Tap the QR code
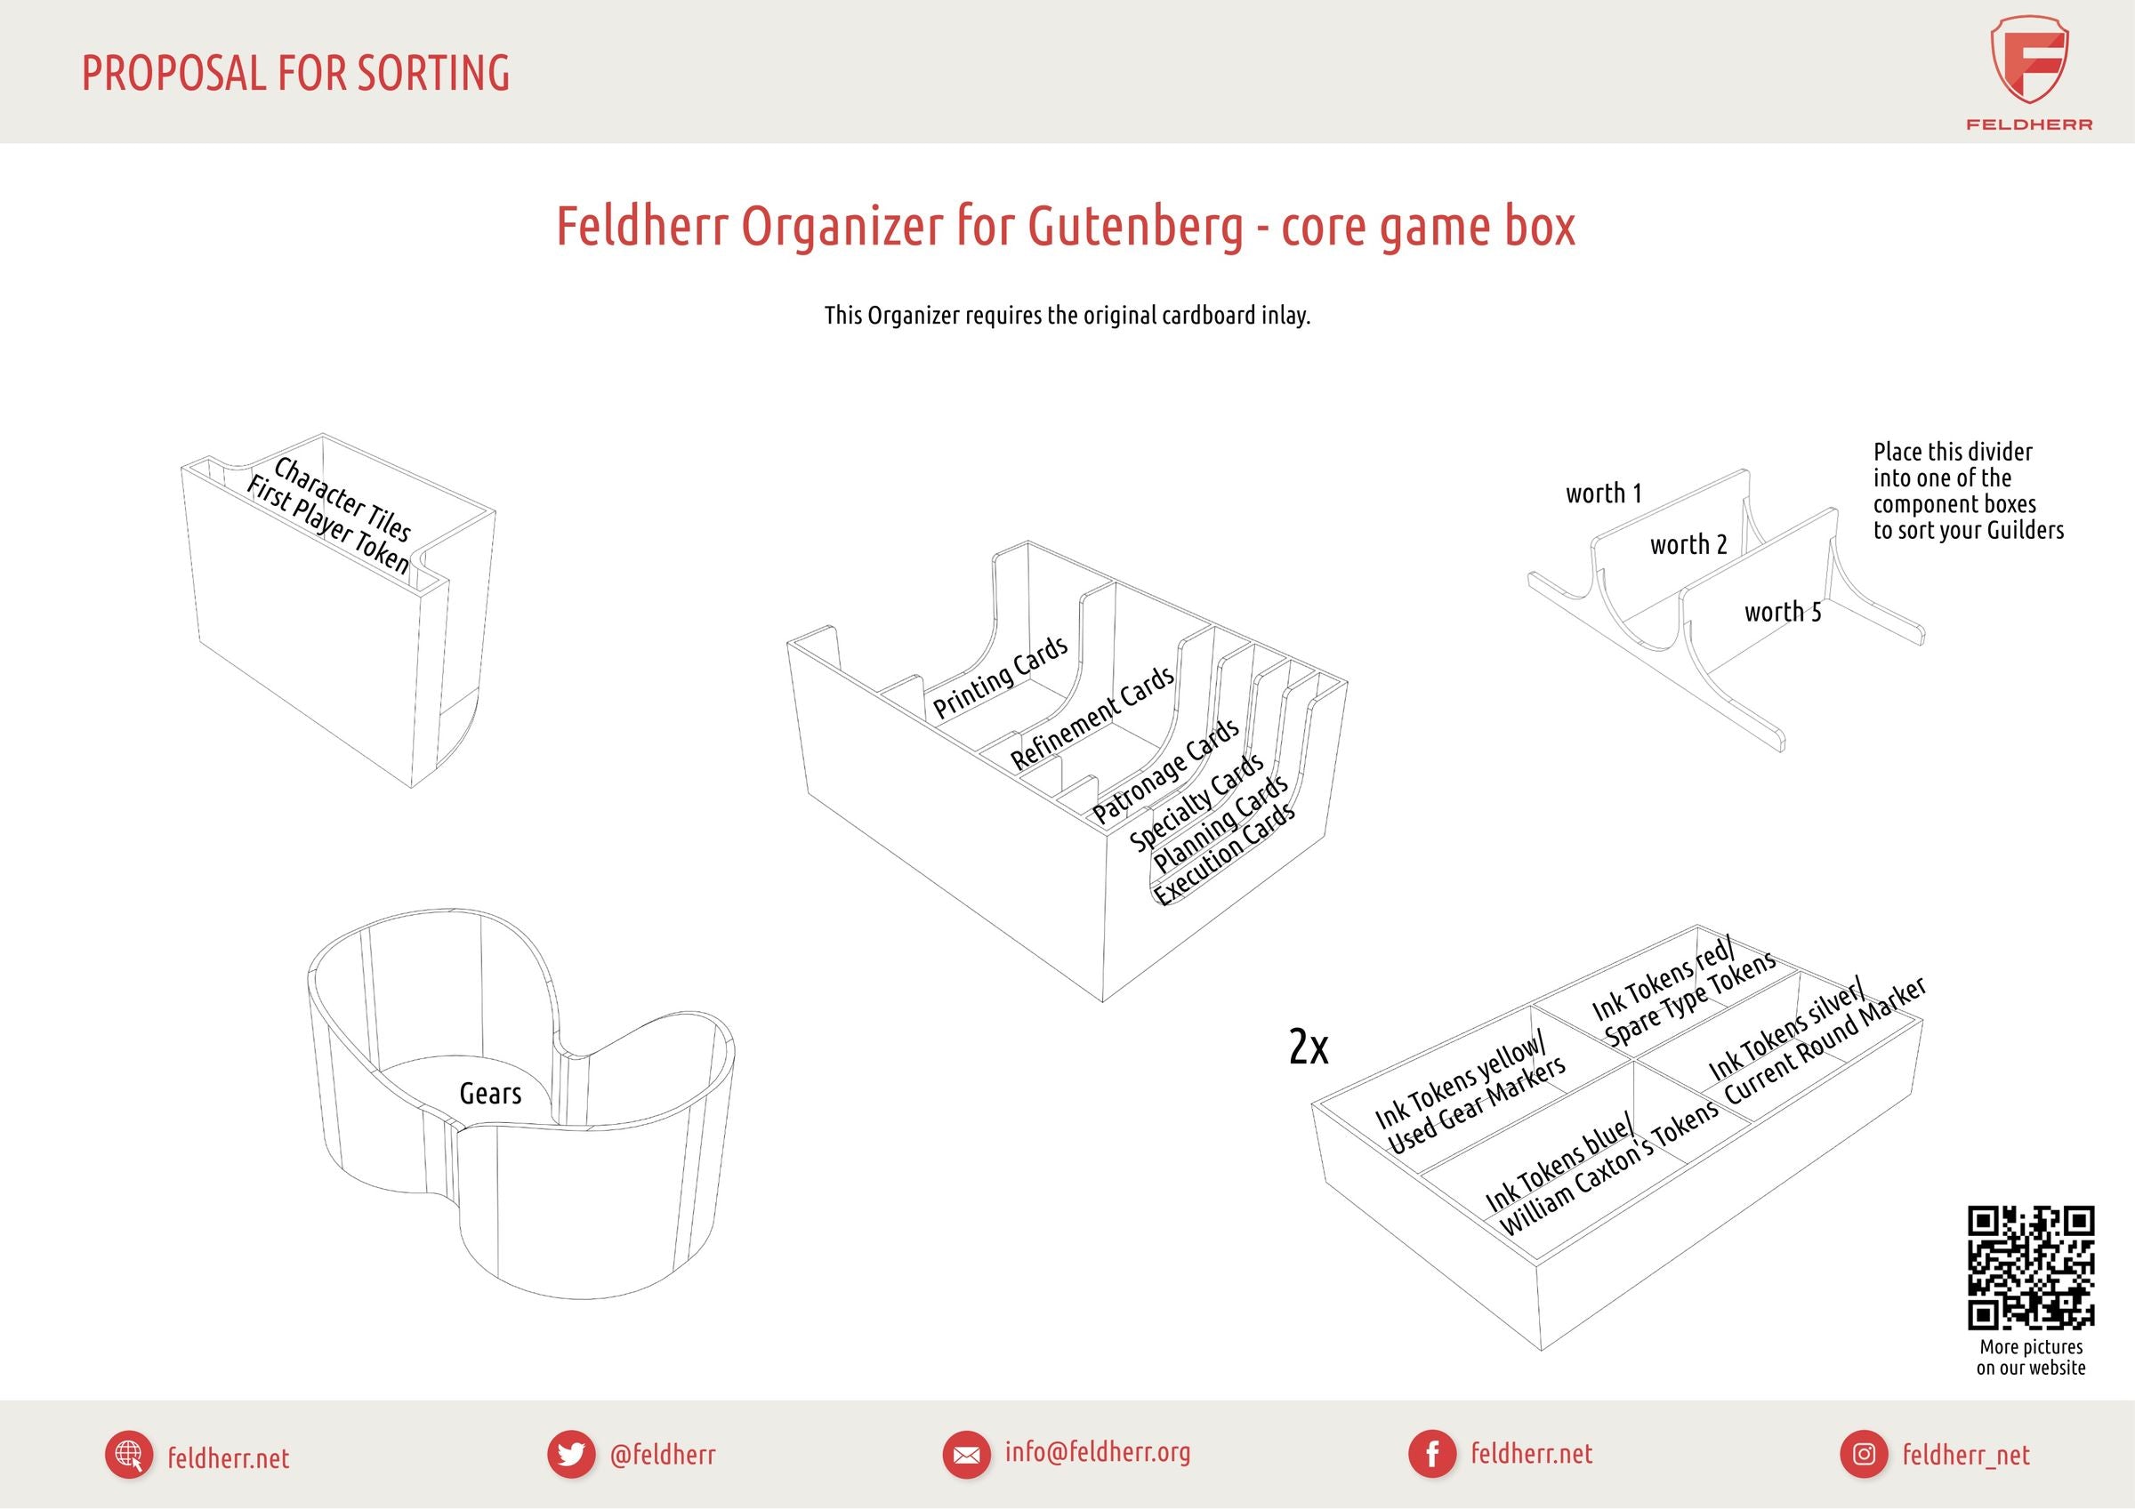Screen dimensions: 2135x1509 click(x=2031, y=1267)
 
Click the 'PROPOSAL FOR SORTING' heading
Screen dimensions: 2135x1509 click(x=295, y=74)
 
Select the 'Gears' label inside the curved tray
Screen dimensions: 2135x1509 click(x=490, y=1094)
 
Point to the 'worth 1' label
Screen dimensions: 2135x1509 click(x=1603, y=493)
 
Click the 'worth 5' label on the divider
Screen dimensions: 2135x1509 click(x=1783, y=612)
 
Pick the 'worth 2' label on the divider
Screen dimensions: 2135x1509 click(x=1688, y=544)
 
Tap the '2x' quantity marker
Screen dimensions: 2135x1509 click(x=1309, y=1047)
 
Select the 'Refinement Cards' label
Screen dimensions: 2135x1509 click(x=1092, y=718)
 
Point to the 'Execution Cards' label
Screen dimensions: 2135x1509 click(x=1225, y=854)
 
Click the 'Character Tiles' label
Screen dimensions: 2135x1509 click(x=342, y=499)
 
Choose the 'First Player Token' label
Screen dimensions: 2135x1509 click(x=327, y=525)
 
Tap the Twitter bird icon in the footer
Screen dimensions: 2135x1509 click(x=571, y=1454)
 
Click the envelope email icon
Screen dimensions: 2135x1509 click(x=966, y=1454)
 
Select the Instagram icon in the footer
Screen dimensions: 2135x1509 click(x=1864, y=1454)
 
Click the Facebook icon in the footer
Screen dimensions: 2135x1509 click(x=1432, y=1454)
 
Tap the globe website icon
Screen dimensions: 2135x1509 click(x=129, y=1455)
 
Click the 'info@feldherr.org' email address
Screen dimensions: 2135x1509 click(x=1097, y=1452)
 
